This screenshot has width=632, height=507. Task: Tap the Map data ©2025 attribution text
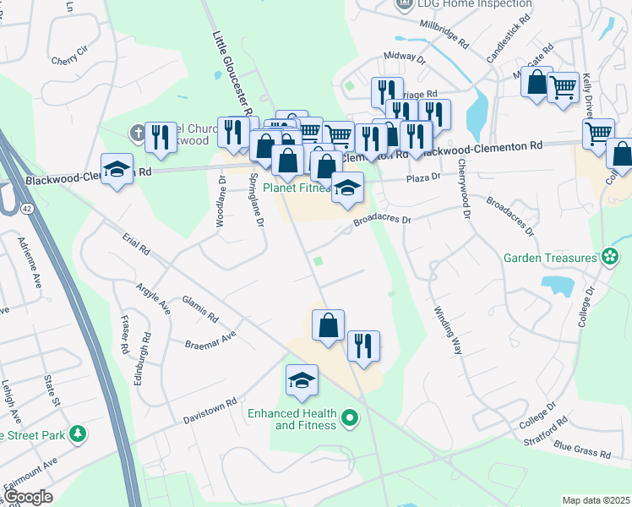pos(596,500)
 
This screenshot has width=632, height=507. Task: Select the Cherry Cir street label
pos(69,60)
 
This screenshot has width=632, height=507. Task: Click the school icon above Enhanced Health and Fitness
pos(302,381)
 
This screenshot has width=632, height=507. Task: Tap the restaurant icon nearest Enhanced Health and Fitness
pos(363,346)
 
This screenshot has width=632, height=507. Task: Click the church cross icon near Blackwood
pos(139,133)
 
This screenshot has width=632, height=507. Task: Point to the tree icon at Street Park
pos(78,434)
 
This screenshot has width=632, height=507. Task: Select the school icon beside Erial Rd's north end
pos(117,168)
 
